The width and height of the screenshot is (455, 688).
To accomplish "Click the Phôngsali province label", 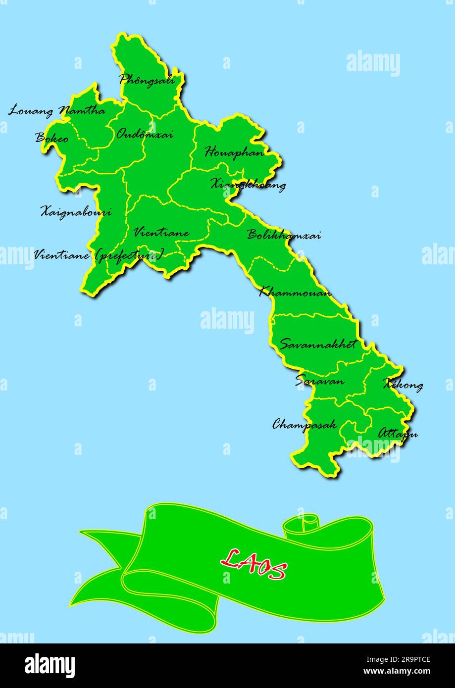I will [147, 79].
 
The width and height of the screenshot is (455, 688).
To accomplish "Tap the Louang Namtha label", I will [56, 110].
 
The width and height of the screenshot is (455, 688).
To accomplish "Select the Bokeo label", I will [51, 138].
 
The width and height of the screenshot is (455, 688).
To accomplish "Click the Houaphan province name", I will [234, 152].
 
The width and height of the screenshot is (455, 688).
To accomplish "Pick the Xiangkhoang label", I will [248, 185].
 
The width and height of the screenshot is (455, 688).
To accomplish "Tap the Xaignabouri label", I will [75, 212].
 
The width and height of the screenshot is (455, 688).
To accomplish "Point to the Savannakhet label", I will [317, 344].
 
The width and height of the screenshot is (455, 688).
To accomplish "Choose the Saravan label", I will [319, 381].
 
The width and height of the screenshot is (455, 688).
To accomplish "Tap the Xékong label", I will [403, 385].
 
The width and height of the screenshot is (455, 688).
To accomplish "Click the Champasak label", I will [304, 424].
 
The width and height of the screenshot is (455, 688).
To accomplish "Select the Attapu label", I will [398, 434].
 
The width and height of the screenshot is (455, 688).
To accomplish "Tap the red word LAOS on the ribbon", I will [253, 564].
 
